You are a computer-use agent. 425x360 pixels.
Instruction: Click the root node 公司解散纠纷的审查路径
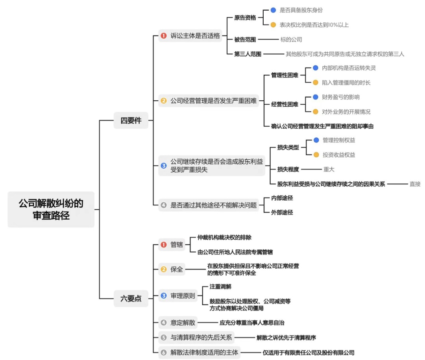(x=51, y=209)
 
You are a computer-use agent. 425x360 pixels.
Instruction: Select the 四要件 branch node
(x=131, y=120)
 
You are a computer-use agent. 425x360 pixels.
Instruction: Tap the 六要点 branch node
(x=131, y=298)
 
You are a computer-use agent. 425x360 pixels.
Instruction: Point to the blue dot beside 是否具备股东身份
(x=273, y=10)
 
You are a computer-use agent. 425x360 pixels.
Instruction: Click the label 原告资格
(x=245, y=17)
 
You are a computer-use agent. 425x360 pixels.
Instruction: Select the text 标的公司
(x=291, y=39)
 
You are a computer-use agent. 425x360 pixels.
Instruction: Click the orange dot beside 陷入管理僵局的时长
(x=316, y=83)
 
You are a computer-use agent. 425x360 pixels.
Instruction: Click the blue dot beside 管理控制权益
(x=316, y=140)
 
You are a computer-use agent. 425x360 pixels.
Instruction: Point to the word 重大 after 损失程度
(x=329, y=169)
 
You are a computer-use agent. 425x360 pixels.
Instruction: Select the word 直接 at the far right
(x=415, y=184)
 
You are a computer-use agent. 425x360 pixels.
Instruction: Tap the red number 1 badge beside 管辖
(x=164, y=245)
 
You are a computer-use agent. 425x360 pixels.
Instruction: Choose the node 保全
(x=177, y=270)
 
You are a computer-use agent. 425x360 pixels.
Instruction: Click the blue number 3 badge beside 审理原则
(x=164, y=296)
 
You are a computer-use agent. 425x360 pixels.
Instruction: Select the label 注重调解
(x=220, y=287)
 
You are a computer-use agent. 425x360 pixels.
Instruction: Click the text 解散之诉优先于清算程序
(x=286, y=338)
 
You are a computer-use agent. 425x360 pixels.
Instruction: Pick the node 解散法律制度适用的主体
(x=204, y=353)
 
